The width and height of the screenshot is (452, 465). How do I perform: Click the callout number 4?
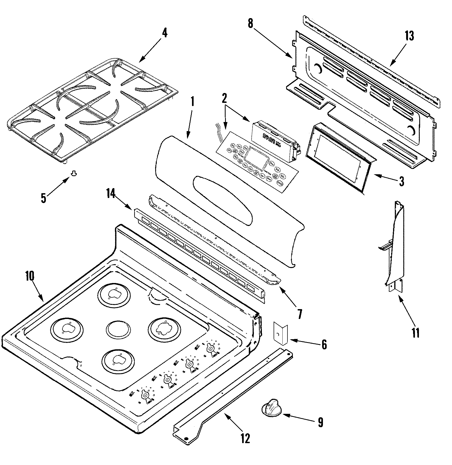(x=165, y=33)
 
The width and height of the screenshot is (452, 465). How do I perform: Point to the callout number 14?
(x=111, y=194)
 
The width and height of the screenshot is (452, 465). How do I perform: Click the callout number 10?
(x=30, y=276)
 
